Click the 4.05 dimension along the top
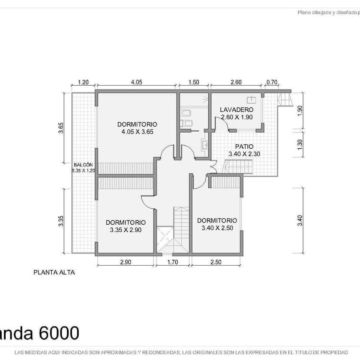pos(137,82)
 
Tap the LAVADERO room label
pos(236,110)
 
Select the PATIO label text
pos(244,147)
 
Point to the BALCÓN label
pos(83,165)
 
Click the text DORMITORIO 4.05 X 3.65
pos(137,128)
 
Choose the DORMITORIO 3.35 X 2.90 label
pos(125,226)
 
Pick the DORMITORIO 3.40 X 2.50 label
pos(217,224)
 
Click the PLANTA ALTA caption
pos(54,273)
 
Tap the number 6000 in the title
pos(59,333)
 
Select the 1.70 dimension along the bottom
pos(173,262)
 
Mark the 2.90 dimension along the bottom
pos(126,262)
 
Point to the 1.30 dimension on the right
pos(300,144)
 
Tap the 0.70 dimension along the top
pos(272,82)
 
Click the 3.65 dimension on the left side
pos(61,128)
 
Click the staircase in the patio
pos(238,166)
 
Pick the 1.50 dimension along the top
pos(193,82)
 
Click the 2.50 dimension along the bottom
pos(216,262)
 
